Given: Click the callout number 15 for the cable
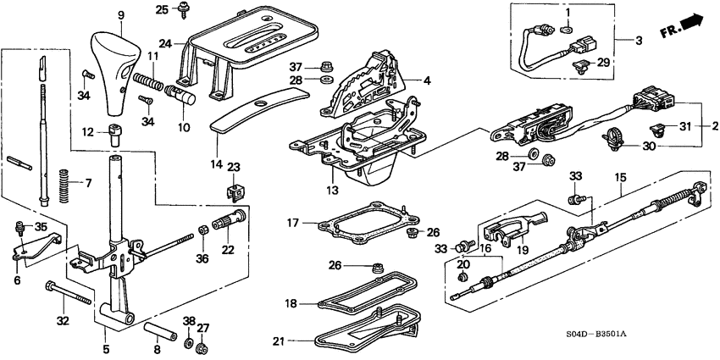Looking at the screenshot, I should (x=620, y=179).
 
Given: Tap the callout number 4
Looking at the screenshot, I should (x=428, y=80).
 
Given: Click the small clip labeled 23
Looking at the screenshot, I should (x=235, y=191).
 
